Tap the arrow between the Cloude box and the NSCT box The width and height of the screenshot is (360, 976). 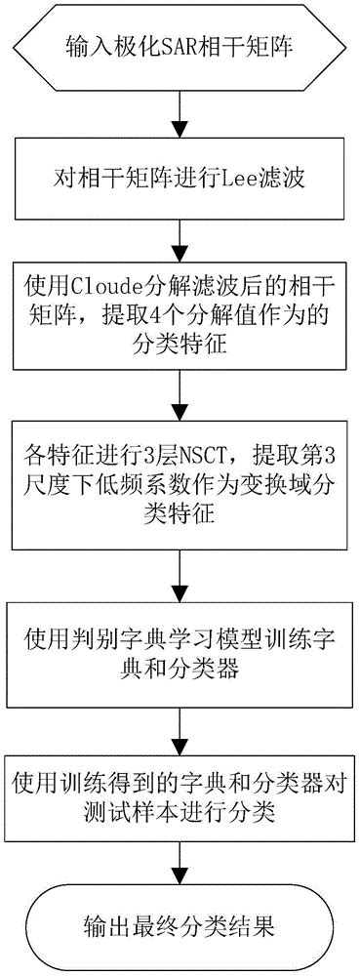point(180,395)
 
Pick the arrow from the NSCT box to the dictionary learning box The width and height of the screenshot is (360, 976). point(180,574)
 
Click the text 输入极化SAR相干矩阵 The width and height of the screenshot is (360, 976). point(180,45)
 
